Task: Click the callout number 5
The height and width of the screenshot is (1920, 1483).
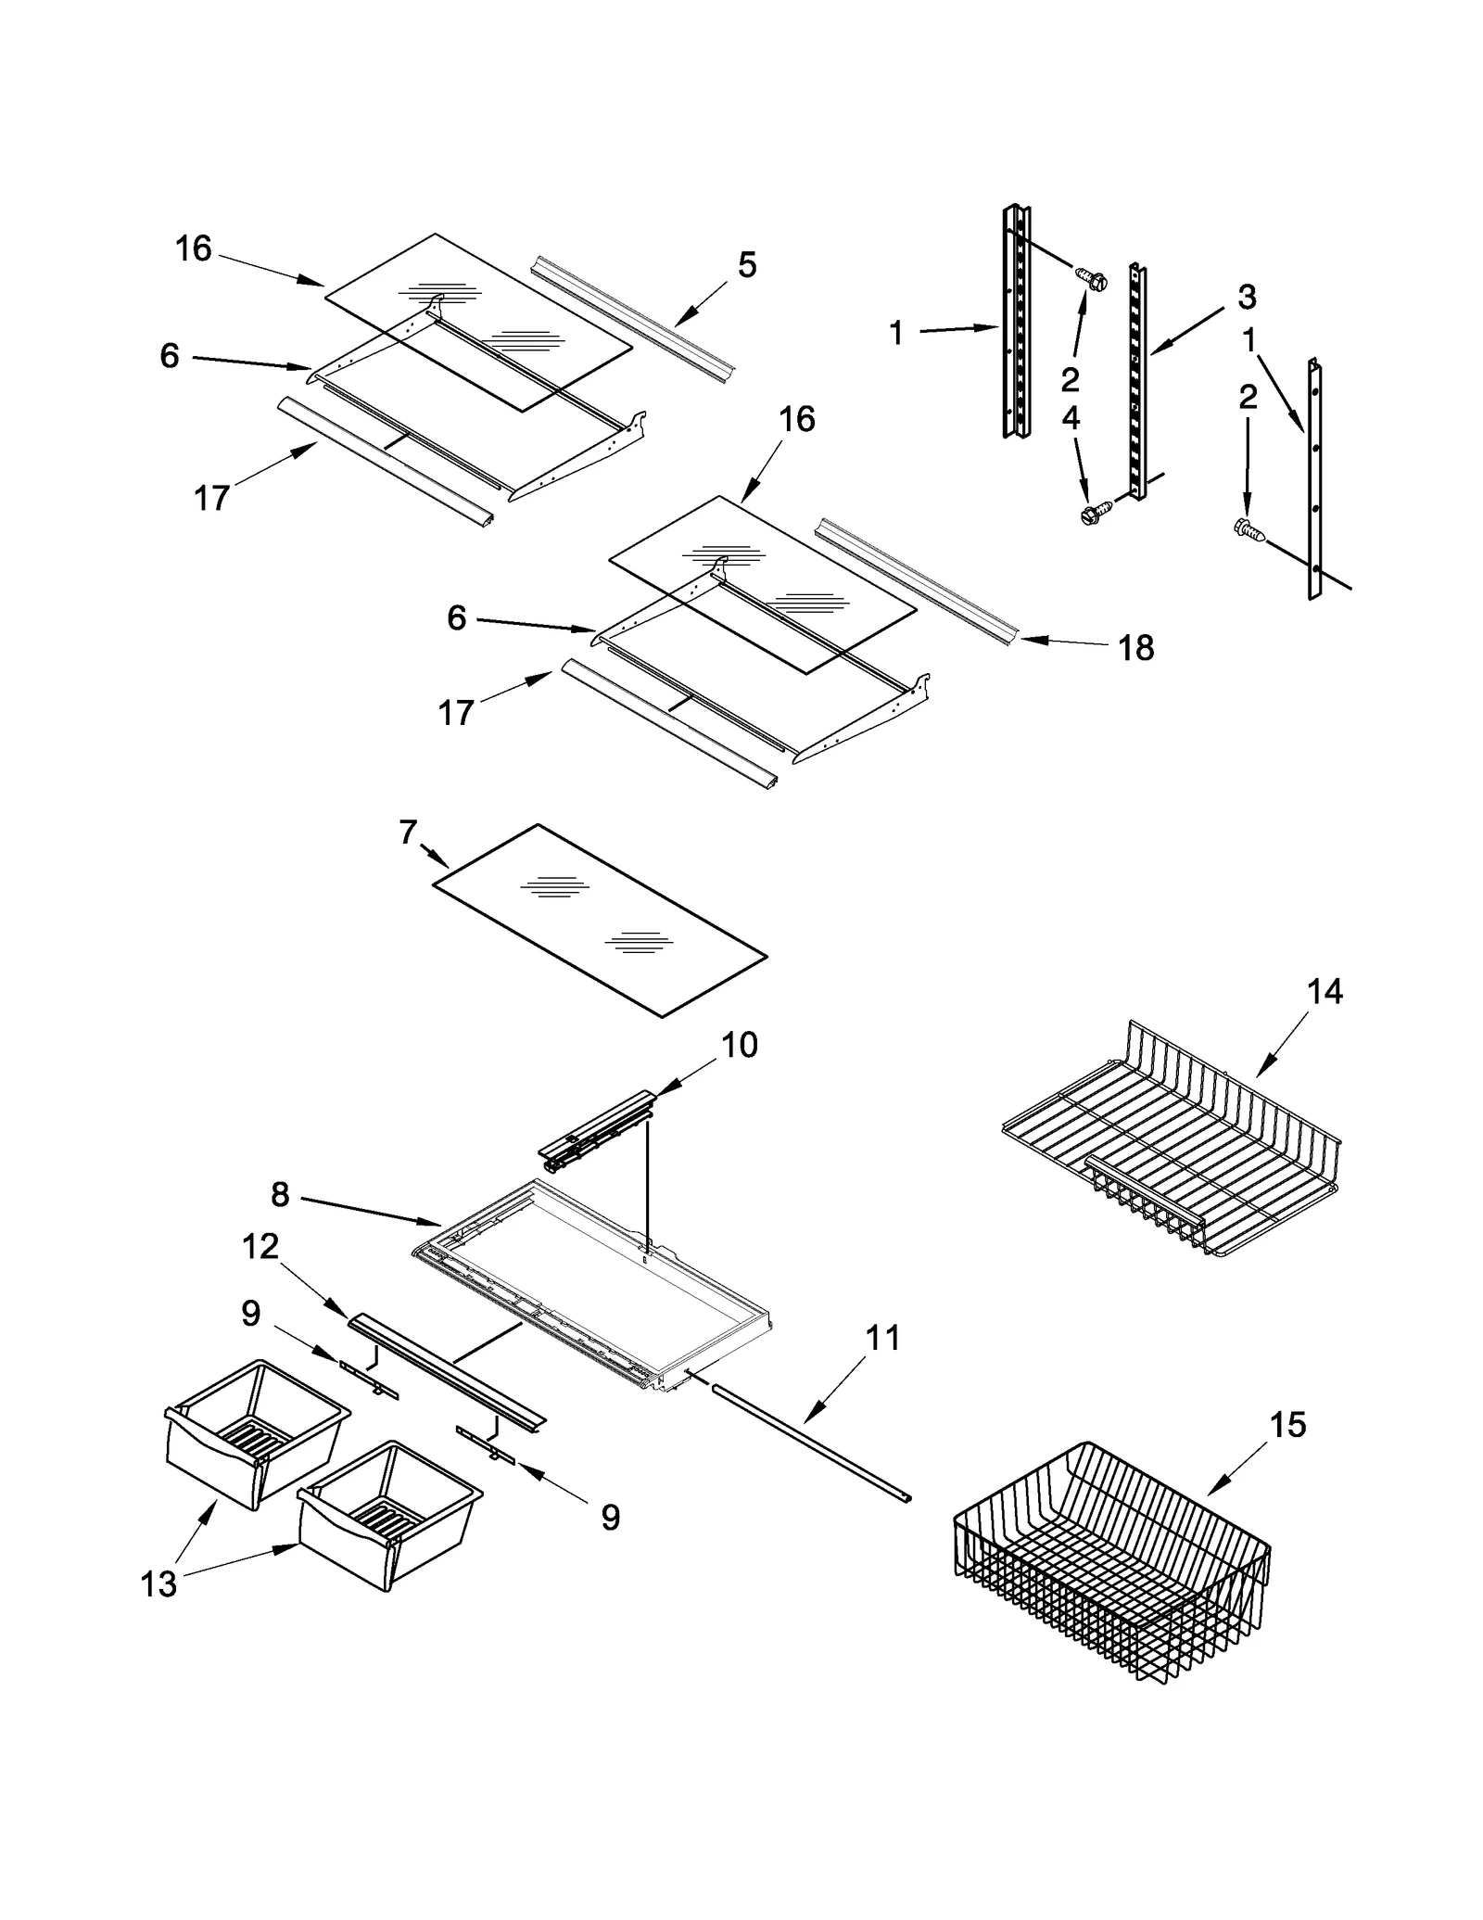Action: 747,265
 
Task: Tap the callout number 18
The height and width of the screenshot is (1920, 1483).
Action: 1136,648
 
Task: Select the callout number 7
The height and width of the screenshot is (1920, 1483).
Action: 409,833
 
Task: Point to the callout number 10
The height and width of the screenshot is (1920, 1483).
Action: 739,1045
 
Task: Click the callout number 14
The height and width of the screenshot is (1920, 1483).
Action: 1325,991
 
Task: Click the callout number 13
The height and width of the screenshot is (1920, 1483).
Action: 158,1583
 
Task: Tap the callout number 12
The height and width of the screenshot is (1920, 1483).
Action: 260,1247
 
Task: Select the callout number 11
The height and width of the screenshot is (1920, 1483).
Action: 882,1338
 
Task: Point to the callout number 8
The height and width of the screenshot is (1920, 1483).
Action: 280,1194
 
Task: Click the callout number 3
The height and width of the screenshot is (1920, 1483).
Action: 1247,298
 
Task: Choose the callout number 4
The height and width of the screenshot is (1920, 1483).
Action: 1071,418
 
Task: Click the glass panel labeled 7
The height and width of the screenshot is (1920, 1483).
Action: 601,920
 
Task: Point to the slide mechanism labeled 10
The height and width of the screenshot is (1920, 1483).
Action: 598,1133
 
